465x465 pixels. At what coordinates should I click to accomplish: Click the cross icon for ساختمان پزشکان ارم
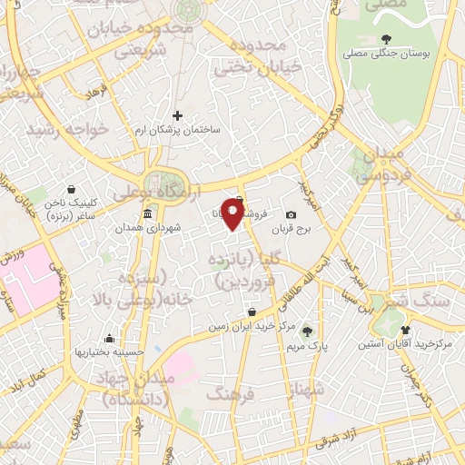coord(177,114)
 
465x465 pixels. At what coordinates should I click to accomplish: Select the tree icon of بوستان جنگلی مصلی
coord(388,39)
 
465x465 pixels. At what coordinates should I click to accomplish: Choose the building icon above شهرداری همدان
coord(147,213)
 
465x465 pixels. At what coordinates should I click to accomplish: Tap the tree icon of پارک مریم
coord(307,331)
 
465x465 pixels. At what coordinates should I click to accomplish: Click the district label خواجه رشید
coord(67,129)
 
